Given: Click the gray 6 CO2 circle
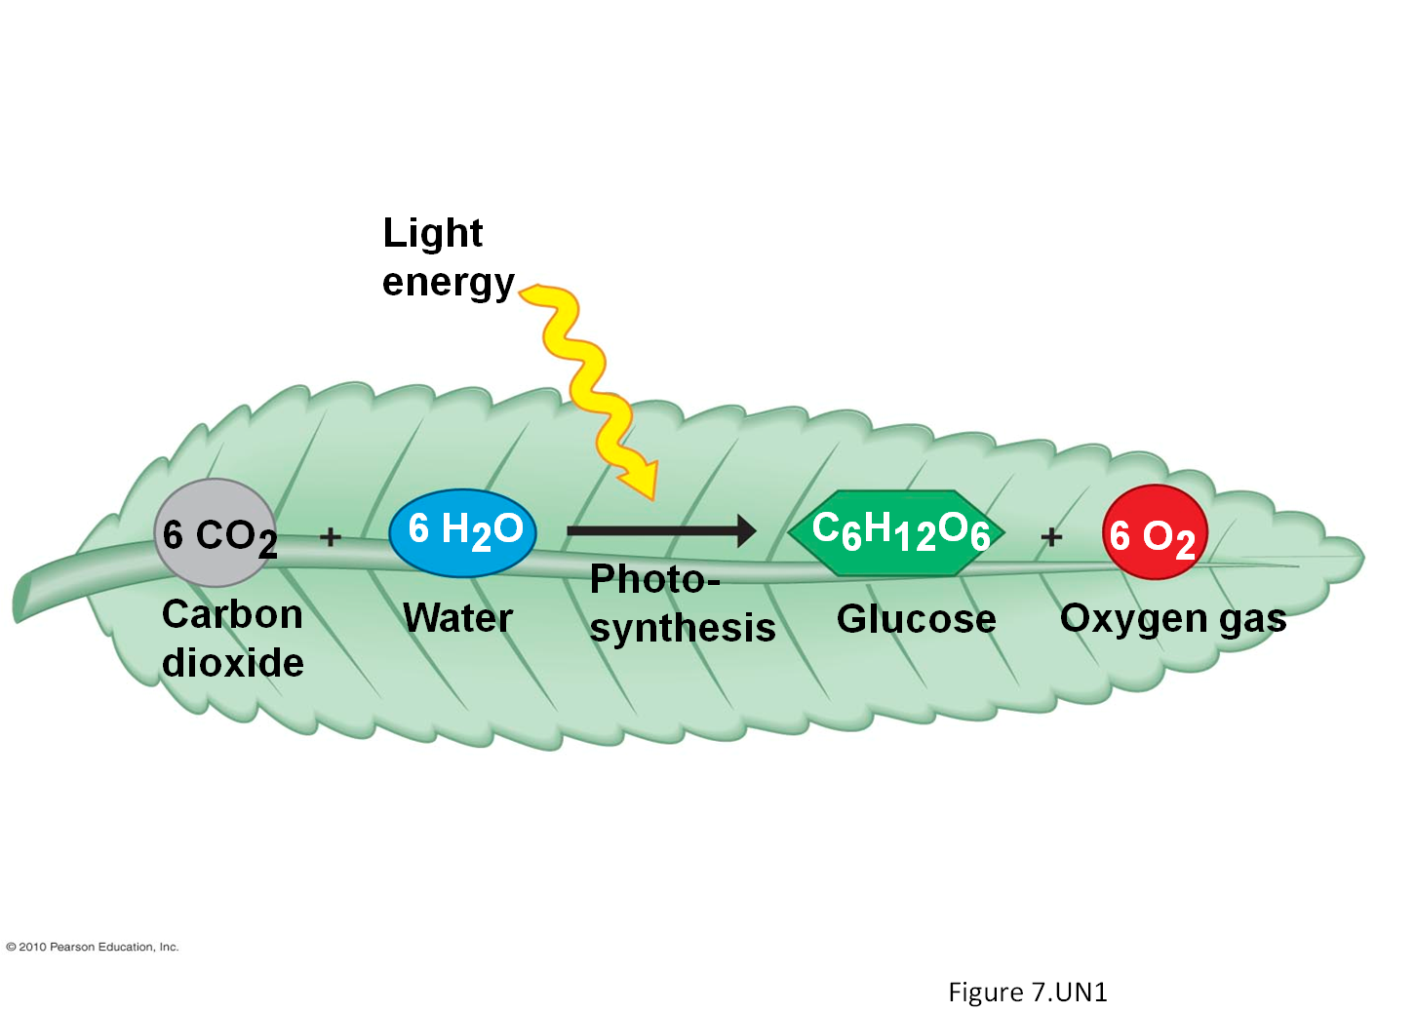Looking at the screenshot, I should [216, 532].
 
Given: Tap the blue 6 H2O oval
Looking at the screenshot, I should [462, 532].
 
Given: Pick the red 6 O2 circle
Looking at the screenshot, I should [1155, 532].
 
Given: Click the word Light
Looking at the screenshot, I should [432, 233].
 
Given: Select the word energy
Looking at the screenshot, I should [448, 283].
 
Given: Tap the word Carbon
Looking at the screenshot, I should [232, 614].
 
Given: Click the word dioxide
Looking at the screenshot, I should [232, 663].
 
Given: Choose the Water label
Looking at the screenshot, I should [457, 618].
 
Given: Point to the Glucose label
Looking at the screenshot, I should [916, 619].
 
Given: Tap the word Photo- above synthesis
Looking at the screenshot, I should [654, 579].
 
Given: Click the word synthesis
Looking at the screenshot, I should [683, 628].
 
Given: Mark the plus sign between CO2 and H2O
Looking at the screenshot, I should [331, 536].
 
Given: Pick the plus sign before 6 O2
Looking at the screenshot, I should [1050, 536].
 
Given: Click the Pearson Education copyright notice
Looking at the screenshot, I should [93, 947].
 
